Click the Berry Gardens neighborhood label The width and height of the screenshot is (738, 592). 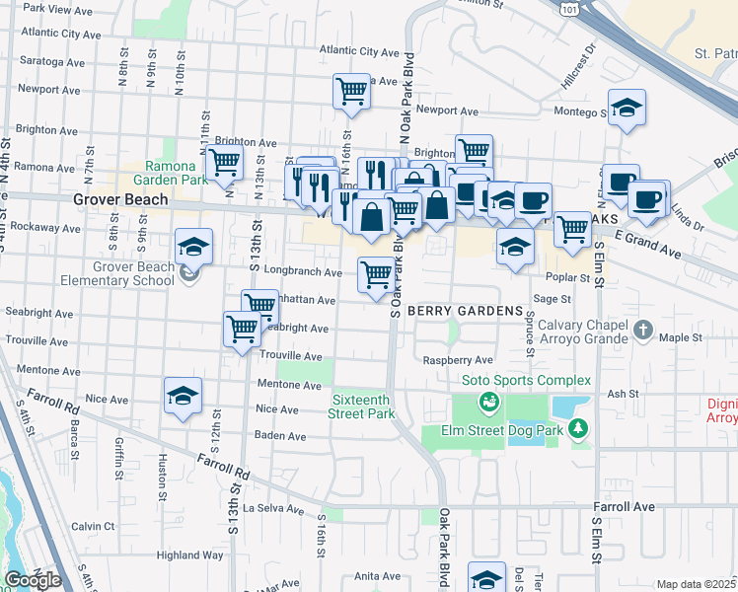(x=465, y=311)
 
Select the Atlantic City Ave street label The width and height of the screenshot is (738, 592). (x=359, y=51)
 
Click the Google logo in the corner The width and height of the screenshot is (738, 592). (x=33, y=579)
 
